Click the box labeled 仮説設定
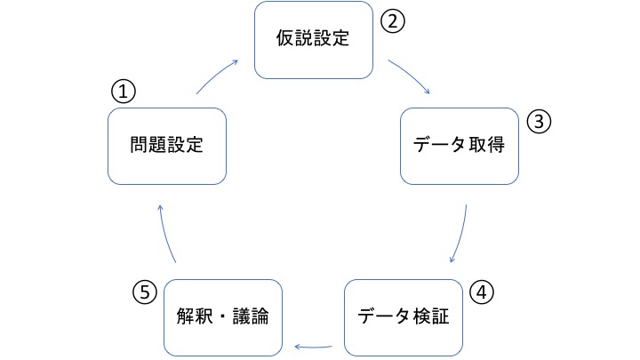click(x=314, y=40)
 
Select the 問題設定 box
click(x=166, y=145)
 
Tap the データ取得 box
click(x=459, y=146)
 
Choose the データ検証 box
click(x=404, y=316)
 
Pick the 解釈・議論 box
click(x=223, y=316)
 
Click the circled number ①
click(x=123, y=91)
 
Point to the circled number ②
click(x=393, y=21)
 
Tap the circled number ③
click(x=539, y=123)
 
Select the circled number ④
click(x=481, y=291)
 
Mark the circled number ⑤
click(x=145, y=291)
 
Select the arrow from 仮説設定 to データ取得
click(x=411, y=78)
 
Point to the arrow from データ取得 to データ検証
click(x=461, y=233)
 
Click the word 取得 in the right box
click(x=486, y=146)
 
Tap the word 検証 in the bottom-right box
click(x=431, y=316)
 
